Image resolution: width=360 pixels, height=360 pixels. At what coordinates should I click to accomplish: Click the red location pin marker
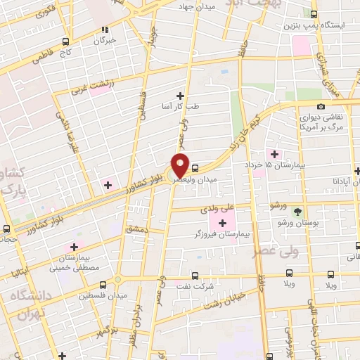181,165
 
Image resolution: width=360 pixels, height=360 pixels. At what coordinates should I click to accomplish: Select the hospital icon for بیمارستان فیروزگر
222,223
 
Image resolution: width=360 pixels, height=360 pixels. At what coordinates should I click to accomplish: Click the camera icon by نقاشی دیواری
321,106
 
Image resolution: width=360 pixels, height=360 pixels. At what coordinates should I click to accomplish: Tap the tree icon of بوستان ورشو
298,211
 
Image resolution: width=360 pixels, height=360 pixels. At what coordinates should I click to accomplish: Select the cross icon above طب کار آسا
180,96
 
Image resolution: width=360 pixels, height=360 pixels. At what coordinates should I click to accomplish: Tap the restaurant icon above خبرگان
104,30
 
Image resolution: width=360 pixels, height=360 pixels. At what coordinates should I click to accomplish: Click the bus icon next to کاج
65,41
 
